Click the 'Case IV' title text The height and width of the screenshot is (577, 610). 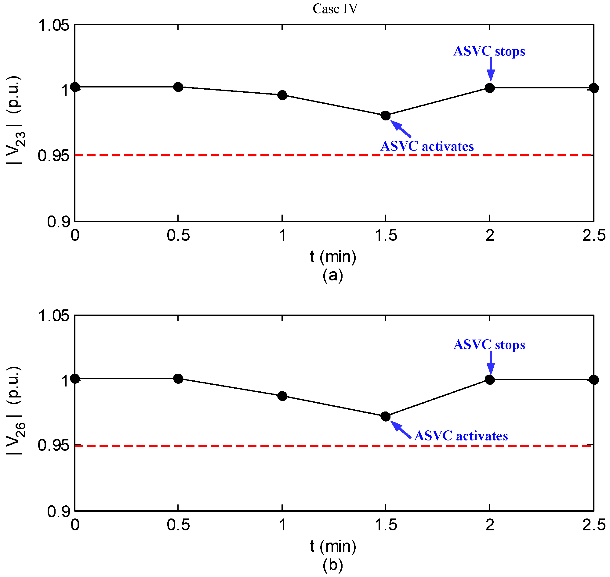[335, 9]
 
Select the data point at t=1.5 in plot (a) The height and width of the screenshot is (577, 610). [385, 116]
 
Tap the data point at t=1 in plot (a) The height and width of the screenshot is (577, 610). [282, 95]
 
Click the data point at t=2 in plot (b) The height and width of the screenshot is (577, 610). [489, 380]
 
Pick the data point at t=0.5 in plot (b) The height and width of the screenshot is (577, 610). [178, 379]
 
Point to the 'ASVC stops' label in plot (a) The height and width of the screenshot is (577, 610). [489, 51]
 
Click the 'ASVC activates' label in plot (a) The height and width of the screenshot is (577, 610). [427, 146]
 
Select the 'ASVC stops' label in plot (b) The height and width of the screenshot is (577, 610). [489, 344]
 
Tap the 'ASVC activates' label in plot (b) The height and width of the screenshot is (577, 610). [461, 436]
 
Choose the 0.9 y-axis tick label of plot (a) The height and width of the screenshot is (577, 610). [59, 222]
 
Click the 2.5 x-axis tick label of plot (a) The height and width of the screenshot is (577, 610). [594, 236]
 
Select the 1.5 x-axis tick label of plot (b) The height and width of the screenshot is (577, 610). [385, 525]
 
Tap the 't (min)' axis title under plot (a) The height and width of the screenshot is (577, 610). [333, 257]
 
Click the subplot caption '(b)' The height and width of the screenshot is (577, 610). [333, 565]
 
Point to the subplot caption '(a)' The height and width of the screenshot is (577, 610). [333, 275]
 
